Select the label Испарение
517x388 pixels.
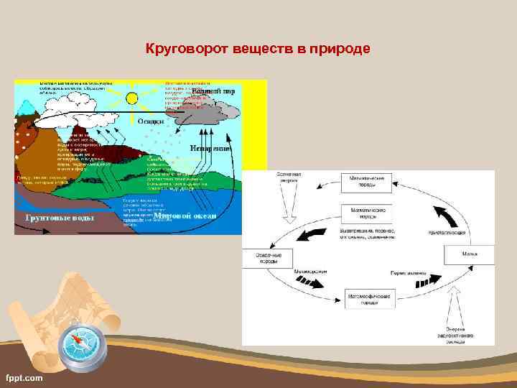(x=210, y=148)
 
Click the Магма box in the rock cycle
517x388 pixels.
(x=469, y=255)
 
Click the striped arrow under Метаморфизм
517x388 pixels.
(x=310, y=282)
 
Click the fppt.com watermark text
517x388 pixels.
(x=24, y=377)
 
